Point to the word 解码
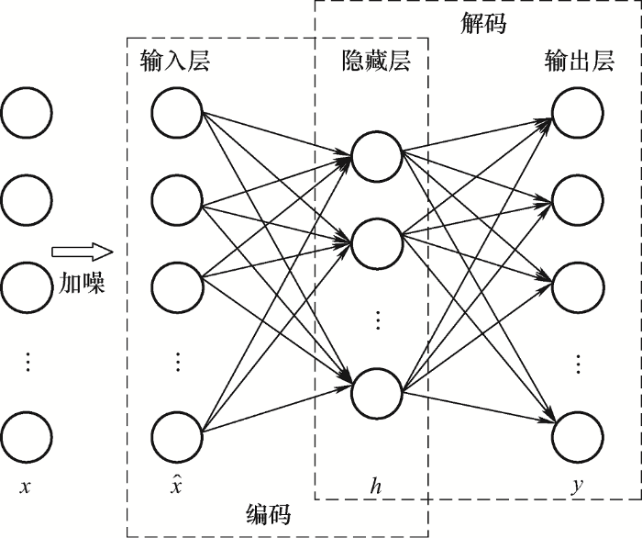click(482, 25)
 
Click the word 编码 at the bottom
click(268, 514)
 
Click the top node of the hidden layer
click(377, 157)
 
